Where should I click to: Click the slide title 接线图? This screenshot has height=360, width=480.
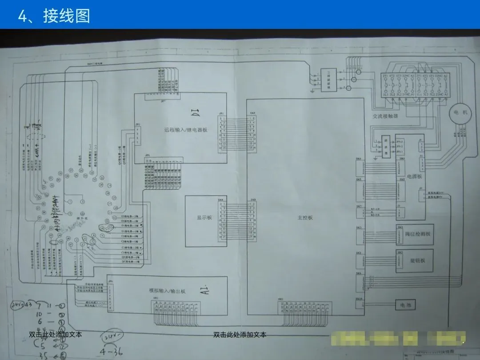pyautogui.click(x=66, y=16)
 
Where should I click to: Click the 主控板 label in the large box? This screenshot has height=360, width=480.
pyautogui.click(x=305, y=218)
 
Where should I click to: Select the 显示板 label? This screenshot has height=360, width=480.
pyautogui.click(x=204, y=218)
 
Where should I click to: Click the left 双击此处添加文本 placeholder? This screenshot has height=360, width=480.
pyautogui.click(x=55, y=335)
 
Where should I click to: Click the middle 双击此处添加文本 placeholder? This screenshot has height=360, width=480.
pyautogui.click(x=240, y=335)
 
